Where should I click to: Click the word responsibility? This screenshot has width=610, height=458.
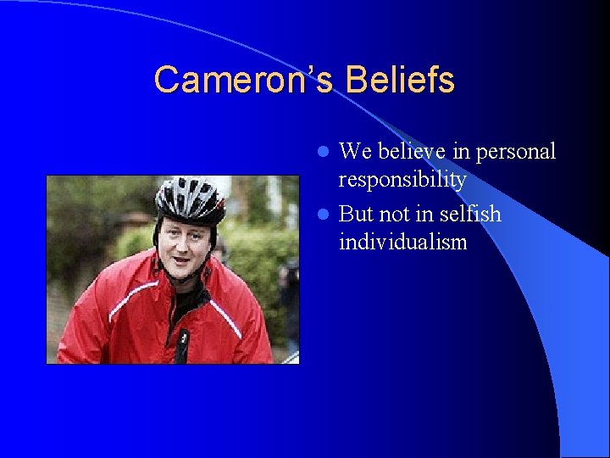pos(402,180)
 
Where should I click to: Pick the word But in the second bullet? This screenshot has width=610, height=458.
pos(357,214)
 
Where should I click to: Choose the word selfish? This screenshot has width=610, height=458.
pos(467,214)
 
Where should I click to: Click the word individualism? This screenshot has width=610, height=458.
pos(402,242)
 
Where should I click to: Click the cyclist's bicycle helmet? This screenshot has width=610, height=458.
pos(190,197)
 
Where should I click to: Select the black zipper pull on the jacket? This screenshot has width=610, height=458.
pos(183,337)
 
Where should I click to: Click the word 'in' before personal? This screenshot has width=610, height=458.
pos(463,152)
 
